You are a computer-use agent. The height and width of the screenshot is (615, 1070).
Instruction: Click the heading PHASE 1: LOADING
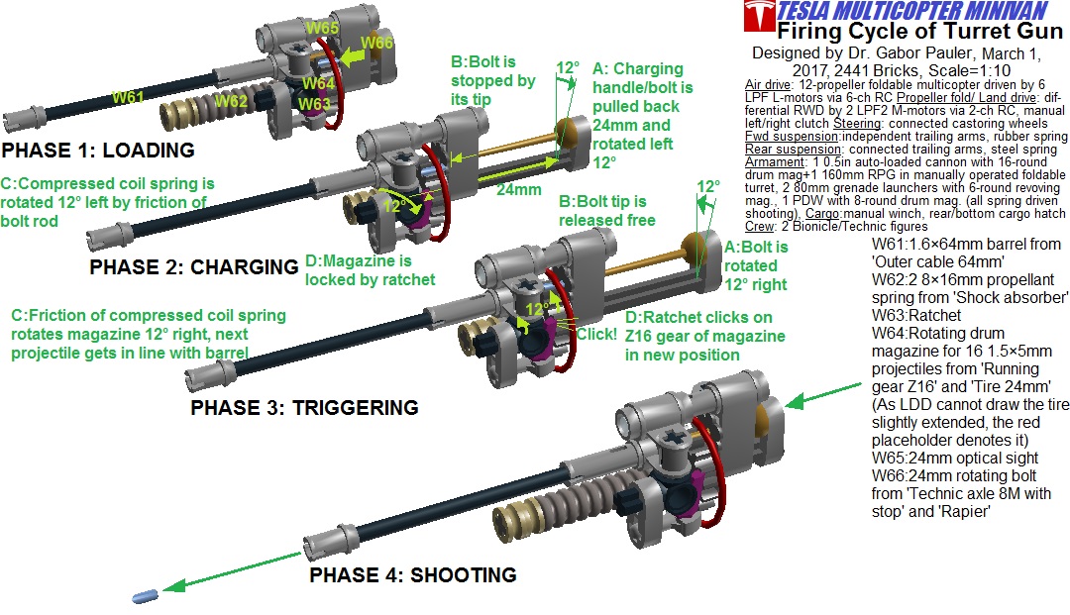(x=98, y=151)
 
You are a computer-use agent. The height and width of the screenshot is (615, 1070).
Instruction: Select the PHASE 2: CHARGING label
(x=193, y=266)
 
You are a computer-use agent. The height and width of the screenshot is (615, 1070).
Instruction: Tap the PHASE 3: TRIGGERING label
(x=304, y=407)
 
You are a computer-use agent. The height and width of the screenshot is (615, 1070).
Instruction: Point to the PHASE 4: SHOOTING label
(x=412, y=574)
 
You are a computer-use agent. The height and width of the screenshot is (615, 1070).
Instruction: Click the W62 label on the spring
(x=231, y=100)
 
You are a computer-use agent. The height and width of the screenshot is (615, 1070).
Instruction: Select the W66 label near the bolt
(x=376, y=43)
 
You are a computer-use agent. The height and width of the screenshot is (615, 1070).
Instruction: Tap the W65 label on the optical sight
(x=322, y=28)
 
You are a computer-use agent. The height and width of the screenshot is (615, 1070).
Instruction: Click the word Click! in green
(x=596, y=335)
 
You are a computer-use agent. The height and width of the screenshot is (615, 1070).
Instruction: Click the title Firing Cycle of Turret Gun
(x=900, y=31)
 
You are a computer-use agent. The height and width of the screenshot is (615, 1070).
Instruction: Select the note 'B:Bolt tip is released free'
(x=607, y=211)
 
